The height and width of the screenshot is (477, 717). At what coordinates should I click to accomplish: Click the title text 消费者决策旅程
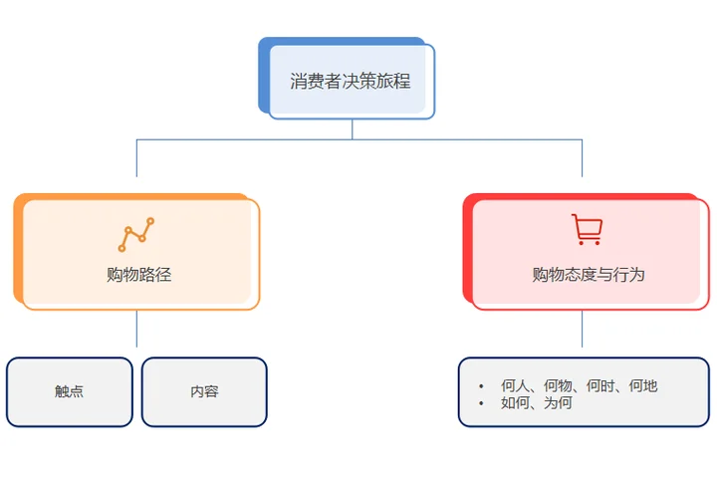tap(351, 82)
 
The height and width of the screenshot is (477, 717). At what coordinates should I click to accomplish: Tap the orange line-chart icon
tap(136, 235)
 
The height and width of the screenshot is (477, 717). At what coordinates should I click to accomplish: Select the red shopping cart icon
tap(587, 230)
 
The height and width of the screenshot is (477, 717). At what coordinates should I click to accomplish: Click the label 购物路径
tap(138, 274)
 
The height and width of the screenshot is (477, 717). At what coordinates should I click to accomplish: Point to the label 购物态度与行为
tap(588, 274)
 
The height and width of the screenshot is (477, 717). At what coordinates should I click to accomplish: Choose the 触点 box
tap(70, 391)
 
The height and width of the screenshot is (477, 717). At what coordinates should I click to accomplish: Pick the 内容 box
tap(204, 391)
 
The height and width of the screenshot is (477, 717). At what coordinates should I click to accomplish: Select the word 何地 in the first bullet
tap(643, 385)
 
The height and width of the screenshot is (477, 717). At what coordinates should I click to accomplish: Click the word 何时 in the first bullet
tap(600, 385)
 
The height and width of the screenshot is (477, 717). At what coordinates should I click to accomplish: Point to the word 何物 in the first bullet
tap(559, 385)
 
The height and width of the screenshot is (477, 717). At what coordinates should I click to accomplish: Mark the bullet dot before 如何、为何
tap(481, 403)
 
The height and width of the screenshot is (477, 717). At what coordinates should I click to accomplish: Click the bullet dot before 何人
tap(481, 385)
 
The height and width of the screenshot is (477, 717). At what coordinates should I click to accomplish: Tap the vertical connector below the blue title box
tap(352, 129)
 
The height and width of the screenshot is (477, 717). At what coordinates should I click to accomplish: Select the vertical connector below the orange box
tap(136, 329)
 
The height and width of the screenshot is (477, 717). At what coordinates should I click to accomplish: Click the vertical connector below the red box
tap(582, 329)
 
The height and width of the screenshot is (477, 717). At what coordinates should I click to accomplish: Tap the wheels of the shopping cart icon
tap(588, 242)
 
